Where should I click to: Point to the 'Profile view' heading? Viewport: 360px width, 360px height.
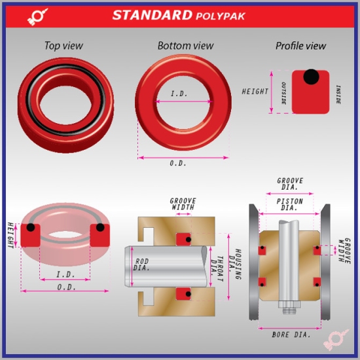(300, 46)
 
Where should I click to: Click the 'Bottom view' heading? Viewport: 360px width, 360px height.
(185, 46)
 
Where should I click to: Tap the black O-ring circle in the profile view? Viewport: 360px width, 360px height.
(312, 77)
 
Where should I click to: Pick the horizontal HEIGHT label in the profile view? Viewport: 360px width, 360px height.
(255, 92)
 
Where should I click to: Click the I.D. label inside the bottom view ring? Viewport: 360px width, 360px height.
(179, 94)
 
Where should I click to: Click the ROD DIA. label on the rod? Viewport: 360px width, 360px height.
(142, 264)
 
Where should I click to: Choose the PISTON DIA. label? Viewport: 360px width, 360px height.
(290, 205)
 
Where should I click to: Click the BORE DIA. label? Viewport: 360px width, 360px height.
(289, 334)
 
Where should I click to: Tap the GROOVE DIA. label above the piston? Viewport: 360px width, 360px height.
(290, 184)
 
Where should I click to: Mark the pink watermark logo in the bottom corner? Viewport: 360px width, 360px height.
(336, 338)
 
